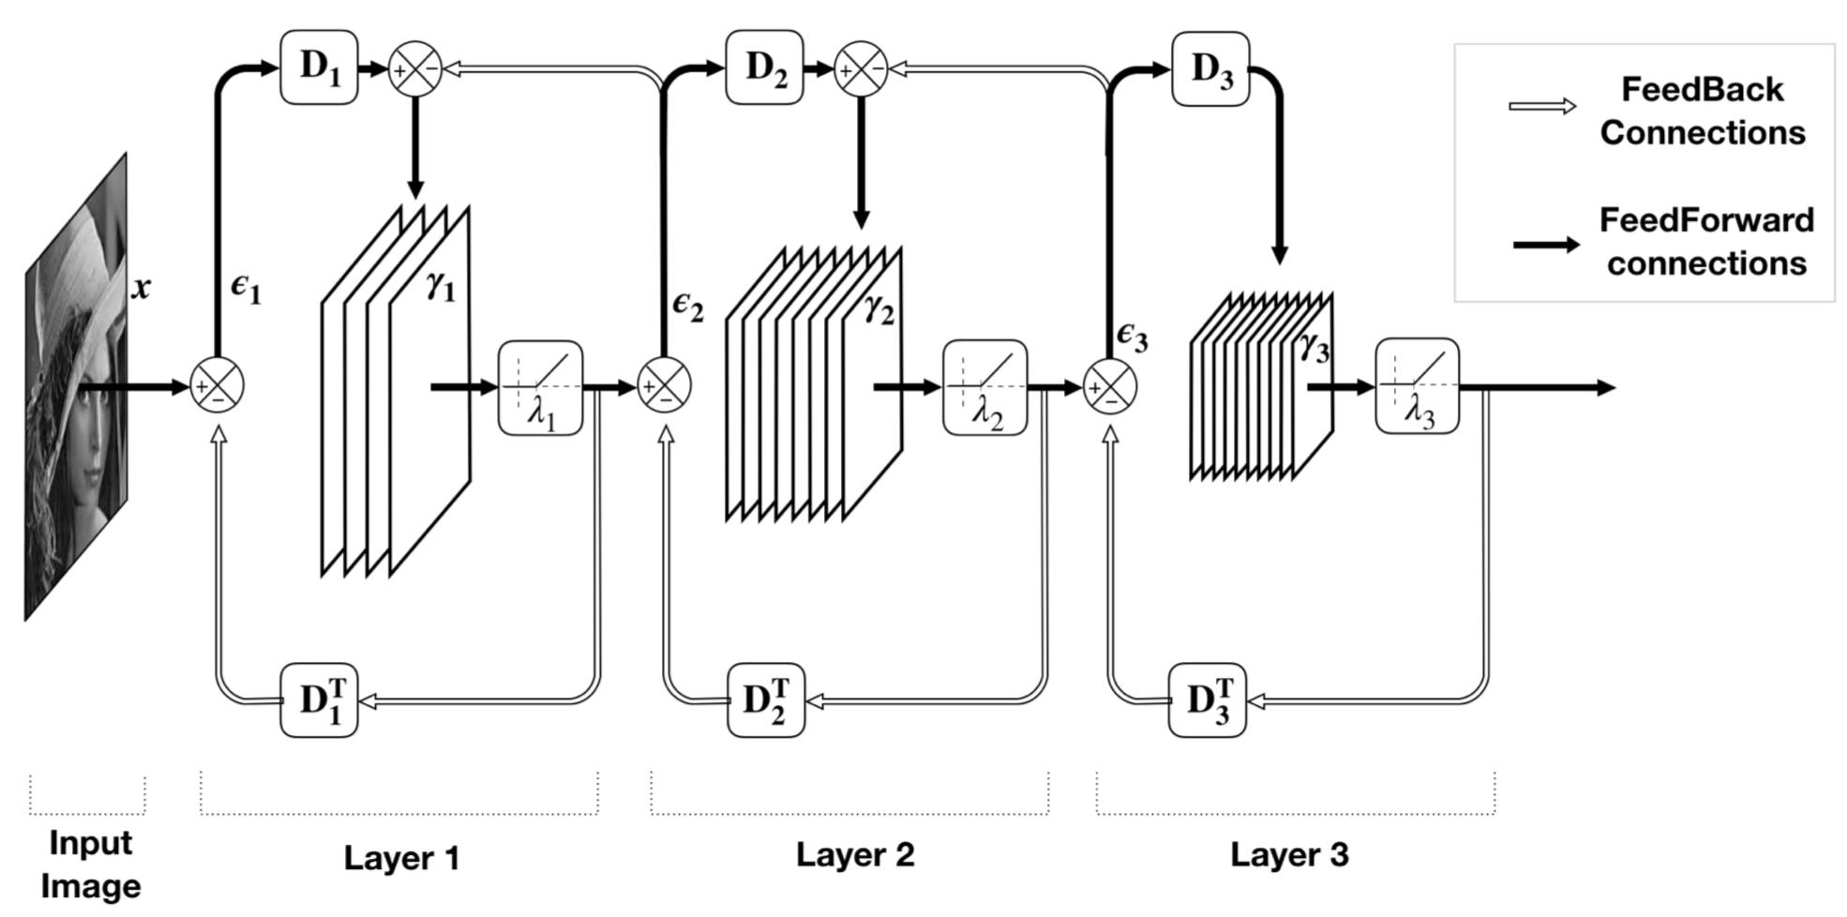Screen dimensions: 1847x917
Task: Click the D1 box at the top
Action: [319, 68]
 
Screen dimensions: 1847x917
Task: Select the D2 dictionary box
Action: [764, 68]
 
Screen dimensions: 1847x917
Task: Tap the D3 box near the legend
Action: [1210, 69]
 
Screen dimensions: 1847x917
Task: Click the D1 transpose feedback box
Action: [319, 699]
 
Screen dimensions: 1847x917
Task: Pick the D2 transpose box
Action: [766, 699]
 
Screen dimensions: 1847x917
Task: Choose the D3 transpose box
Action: [1207, 699]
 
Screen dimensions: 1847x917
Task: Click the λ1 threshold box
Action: [540, 387]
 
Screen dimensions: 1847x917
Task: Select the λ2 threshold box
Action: [984, 387]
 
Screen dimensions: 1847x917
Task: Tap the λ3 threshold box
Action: [1417, 385]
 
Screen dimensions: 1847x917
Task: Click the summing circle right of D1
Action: [415, 69]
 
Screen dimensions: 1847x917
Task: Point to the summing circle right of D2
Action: [861, 69]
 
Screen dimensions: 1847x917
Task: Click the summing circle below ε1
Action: [218, 385]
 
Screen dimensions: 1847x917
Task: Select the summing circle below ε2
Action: [665, 385]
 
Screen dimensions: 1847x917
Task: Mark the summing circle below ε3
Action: [1110, 385]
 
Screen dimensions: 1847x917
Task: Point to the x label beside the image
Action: [141, 288]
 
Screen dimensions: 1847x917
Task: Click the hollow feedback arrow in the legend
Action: [1542, 107]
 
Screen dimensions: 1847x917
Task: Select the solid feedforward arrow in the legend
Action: [1546, 245]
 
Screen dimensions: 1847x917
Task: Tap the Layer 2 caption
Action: [854, 854]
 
